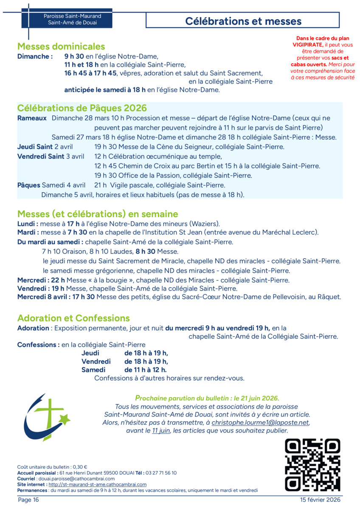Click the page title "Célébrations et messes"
tap(243, 21)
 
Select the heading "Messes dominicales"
tap(61, 47)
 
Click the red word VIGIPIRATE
tap(307, 44)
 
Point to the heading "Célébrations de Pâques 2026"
tap(82, 108)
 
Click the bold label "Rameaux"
tap(32, 118)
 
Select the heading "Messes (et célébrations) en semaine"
tap(98, 214)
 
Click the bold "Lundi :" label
tap(28, 224)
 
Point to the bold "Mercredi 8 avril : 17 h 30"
tap(56, 297)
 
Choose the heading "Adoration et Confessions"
tap(73, 318)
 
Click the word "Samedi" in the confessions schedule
tap(93, 370)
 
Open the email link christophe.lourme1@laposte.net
tap(260, 423)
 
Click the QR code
tap(312, 465)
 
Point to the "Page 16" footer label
tap(28, 500)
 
